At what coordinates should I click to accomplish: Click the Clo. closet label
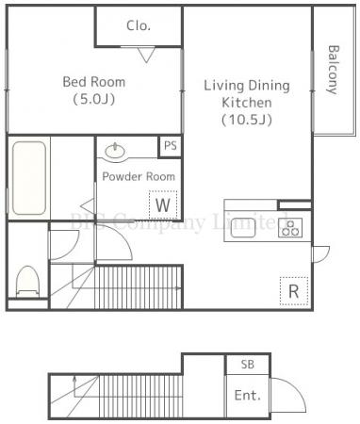[x=139, y=25]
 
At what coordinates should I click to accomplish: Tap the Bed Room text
[x=94, y=82]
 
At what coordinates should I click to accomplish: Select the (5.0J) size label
[x=94, y=99]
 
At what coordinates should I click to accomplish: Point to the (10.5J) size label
[x=247, y=120]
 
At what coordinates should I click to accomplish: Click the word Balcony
[x=333, y=70]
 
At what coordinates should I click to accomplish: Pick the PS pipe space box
[x=171, y=146]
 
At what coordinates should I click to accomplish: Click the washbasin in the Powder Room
[x=115, y=152]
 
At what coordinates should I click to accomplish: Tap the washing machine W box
[x=163, y=204]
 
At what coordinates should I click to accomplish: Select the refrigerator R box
[x=294, y=291]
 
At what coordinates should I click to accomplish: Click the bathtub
[x=29, y=178]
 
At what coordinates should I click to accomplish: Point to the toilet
[x=27, y=282]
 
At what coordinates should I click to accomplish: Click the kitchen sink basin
[x=243, y=227]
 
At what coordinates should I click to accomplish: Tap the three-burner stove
[x=290, y=227]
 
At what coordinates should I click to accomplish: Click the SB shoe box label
[x=248, y=365]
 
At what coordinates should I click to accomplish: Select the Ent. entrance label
[x=248, y=395]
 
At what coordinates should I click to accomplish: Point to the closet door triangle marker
[x=146, y=55]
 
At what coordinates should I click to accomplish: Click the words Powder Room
[x=139, y=176]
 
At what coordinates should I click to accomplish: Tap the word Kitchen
[x=247, y=103]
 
